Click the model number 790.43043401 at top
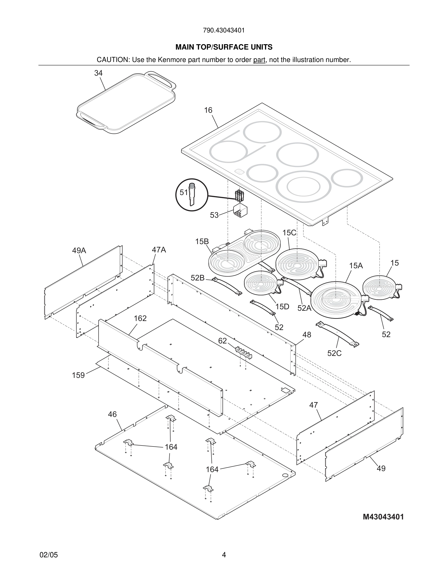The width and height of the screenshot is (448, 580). pyautogui.click(x=224, y=30)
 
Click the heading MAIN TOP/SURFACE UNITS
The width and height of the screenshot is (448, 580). pyautogui.click(x=224, y=47)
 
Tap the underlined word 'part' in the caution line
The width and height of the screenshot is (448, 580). pyautogui.click(x=259, y=60)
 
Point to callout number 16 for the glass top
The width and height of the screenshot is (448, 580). pyautogui.click(x=208, y=110)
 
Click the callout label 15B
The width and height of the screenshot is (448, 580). pyautogui.click(x=202, y=241)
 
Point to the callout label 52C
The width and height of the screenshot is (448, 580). pyautogui.click(x=334, y=353)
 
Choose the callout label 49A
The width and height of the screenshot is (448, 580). pyautogui.click(x=79, y=250)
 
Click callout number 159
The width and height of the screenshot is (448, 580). pyautogui.click(x=78, y=375)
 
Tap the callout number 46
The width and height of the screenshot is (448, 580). pyautogui.click(x=112, y=414)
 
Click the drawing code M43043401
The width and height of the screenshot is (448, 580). pyautogui.click(x=383, y=517)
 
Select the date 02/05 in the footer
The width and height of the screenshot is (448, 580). pyautogui.click(x=49, y=555)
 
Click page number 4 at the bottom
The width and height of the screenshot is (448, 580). pyautogui.click(x=224, y=555)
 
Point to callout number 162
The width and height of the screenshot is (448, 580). pyautogui.click(x=140, y=318)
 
